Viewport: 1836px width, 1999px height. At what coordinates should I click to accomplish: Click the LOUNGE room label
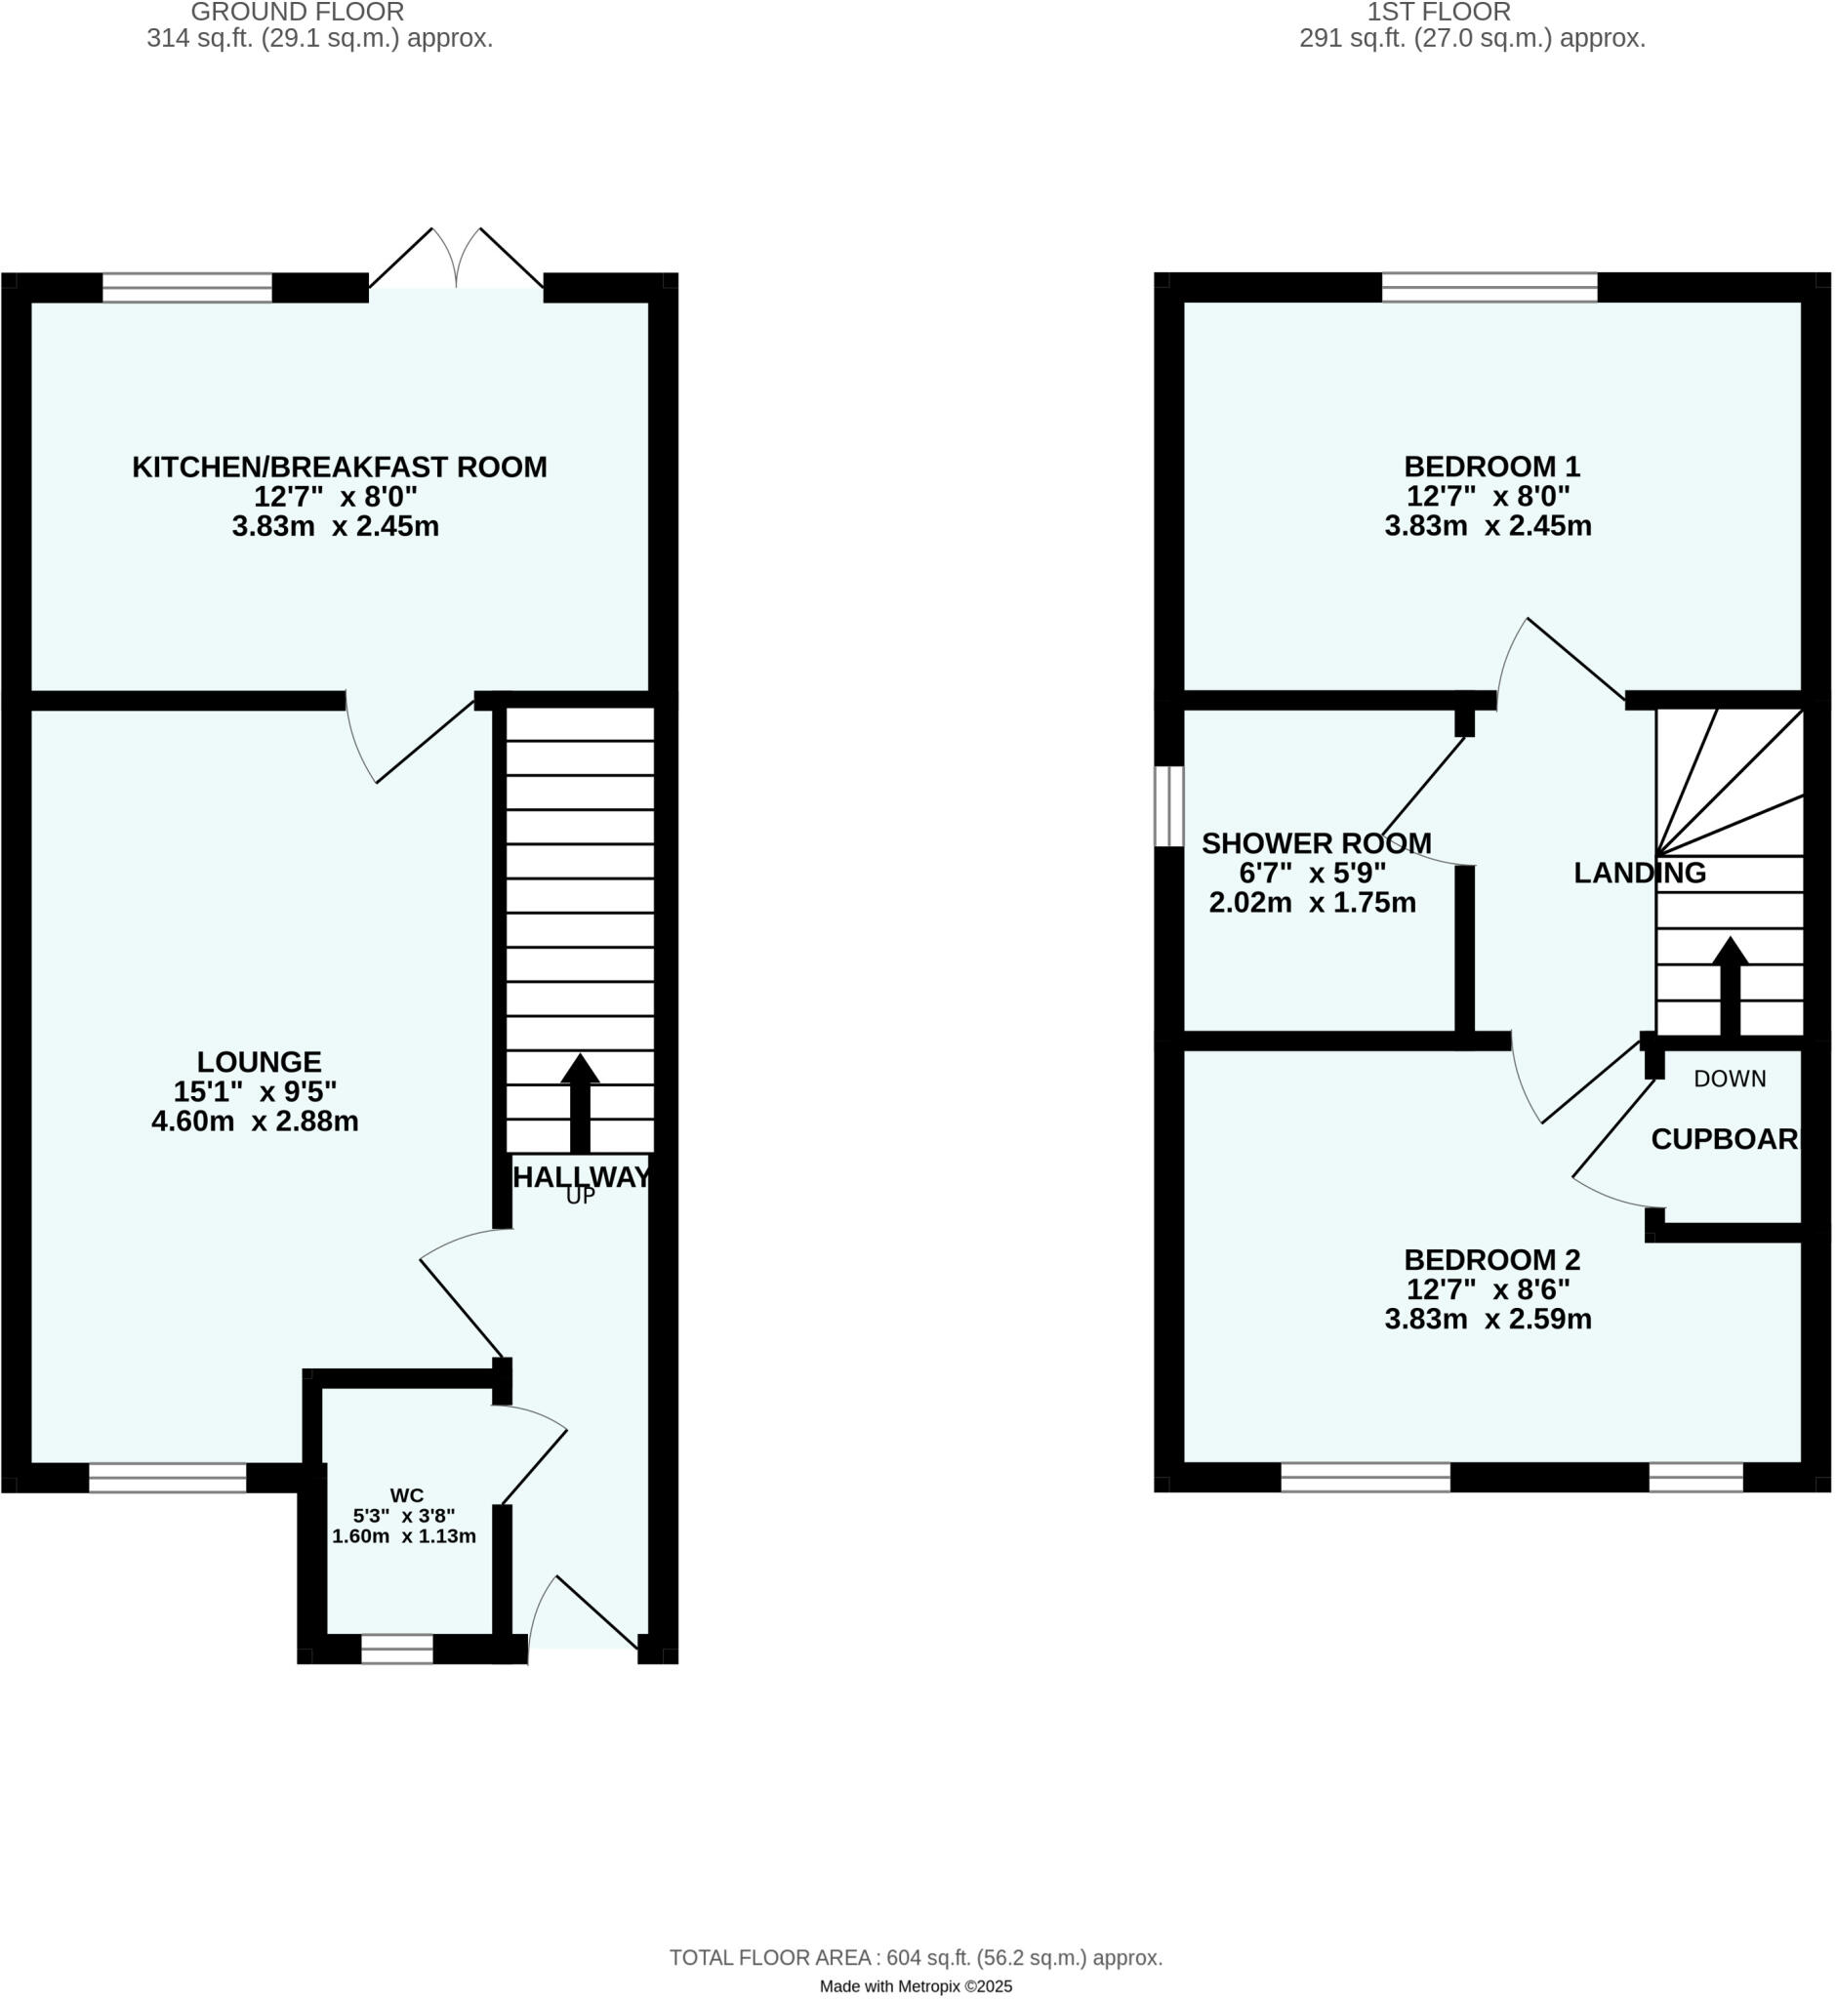point(259,1062)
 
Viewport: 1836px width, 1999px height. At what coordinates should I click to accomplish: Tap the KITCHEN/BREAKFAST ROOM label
point(340,467)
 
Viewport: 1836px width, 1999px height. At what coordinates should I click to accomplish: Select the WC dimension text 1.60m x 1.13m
point(403,1536)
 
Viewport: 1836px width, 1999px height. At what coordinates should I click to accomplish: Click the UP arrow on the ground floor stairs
point(579,1102)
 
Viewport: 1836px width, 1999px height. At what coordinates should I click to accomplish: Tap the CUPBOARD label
point(1725,1140)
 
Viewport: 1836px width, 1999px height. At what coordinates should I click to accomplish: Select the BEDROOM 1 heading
point(1491,466)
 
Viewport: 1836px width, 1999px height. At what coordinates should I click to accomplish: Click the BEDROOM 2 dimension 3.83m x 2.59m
point(1488,1320)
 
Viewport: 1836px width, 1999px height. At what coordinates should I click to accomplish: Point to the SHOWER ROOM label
point(1317,843)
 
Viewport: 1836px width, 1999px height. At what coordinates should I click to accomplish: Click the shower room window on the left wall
point(1168,806)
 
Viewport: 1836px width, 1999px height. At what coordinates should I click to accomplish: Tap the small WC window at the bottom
point(397,1650)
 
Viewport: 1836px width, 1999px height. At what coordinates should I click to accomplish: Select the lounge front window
point(168,1478)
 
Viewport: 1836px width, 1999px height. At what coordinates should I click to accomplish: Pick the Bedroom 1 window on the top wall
point(1489,287)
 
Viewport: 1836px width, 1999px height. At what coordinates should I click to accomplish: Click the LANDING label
point(1639,874)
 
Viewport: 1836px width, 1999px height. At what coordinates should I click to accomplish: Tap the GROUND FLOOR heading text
point(297,13)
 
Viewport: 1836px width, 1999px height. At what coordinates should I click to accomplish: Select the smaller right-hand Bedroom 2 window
point(1695,1478)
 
